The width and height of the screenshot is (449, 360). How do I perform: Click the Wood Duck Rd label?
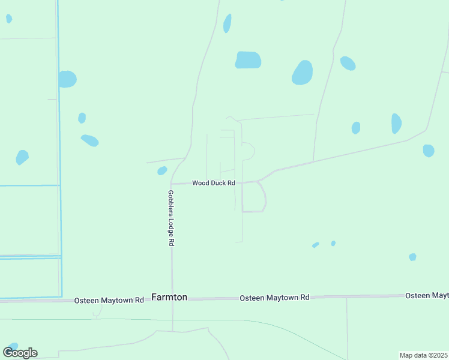[x=213, y=183]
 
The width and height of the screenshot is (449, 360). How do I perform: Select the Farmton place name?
[x=169, y=297]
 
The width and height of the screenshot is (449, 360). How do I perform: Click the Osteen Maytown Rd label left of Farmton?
[x=109, y=300]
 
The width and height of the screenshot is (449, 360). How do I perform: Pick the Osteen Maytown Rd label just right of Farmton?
[x=274, y=298]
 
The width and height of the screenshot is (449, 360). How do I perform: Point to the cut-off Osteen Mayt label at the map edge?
[x=427, y=296]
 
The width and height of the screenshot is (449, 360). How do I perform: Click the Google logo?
[x=20, y=352]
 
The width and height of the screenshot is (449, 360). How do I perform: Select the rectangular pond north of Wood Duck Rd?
[x=248, y=60]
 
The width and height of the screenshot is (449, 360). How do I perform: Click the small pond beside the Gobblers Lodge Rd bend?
[x=162, y=171]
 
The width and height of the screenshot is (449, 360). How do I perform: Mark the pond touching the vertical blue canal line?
[x=67, y=79]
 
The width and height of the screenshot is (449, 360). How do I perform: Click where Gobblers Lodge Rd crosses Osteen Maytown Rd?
[x=172, y=299]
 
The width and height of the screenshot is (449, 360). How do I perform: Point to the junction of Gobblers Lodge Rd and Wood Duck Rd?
[x=171, y=184]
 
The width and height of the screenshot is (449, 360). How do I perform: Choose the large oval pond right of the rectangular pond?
[x=303, y=73]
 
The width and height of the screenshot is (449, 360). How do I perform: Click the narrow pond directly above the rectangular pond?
[x=227, y=23]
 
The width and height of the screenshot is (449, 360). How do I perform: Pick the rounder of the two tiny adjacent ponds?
[x=333, y=243]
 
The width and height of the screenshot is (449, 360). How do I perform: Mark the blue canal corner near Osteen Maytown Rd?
[x=61, y=296]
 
